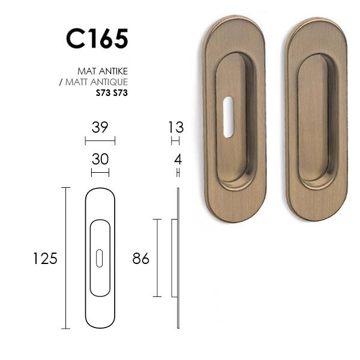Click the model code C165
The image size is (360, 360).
(97, 38)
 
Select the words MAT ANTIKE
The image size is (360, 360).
(103, 71)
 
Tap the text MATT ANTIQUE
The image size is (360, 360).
(97, 82)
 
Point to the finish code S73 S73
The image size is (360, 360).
(112, 93)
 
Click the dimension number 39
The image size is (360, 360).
(100, 127)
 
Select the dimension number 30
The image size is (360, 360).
(100, 159)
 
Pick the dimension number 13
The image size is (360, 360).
(176, 127)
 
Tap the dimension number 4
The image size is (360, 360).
(178, 160)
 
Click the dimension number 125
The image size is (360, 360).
(45, 259)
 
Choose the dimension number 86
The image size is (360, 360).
(141, 259)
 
